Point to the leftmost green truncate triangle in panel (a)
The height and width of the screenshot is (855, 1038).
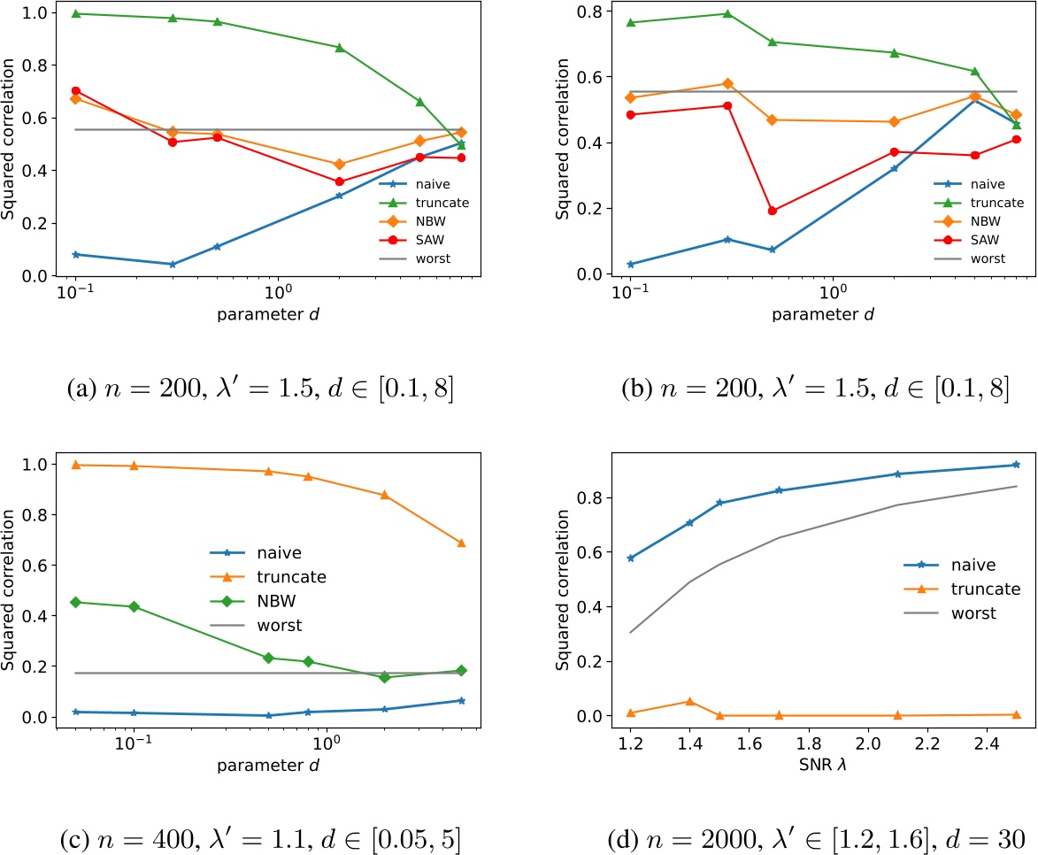[x=76, y=13]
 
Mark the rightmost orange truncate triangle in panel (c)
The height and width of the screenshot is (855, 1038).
[x=461, y=543]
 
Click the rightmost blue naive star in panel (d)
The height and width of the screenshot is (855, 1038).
[x=1016, y=465]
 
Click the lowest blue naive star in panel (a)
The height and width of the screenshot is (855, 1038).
[x=173, y=264]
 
